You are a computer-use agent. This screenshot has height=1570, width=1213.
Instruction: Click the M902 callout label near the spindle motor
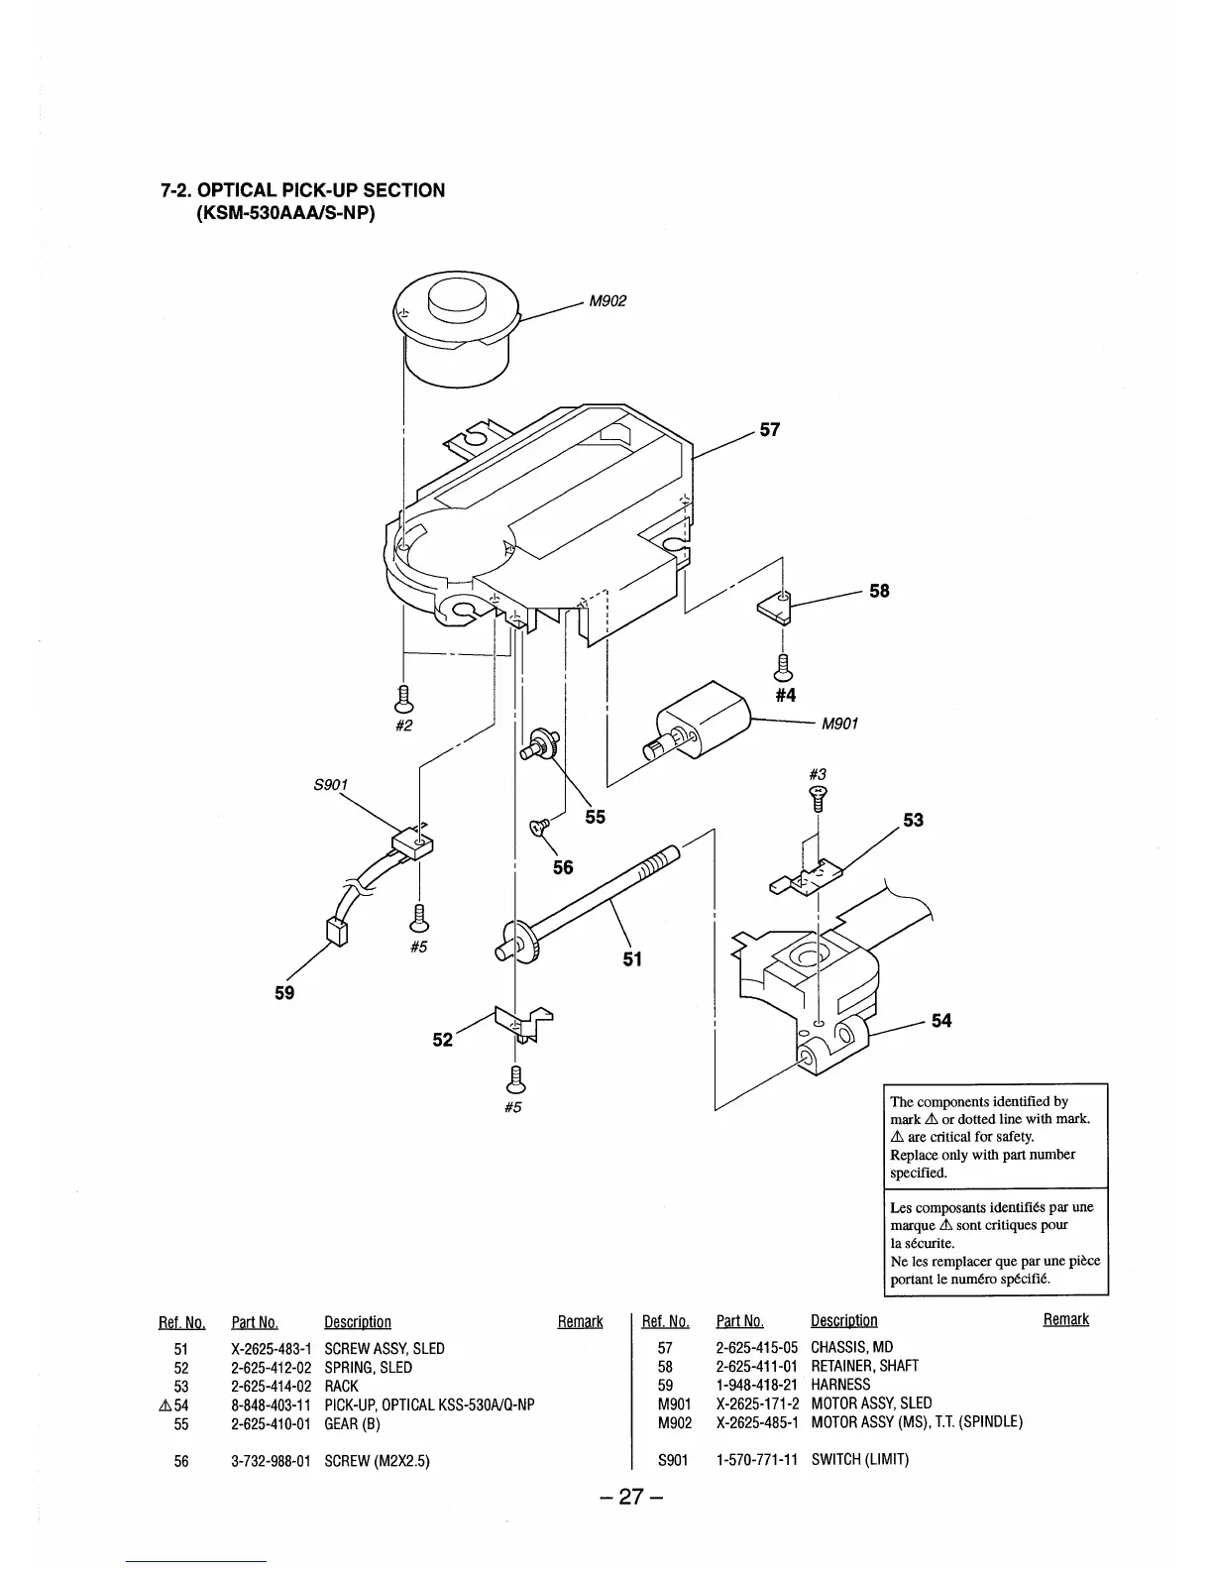(607, 301)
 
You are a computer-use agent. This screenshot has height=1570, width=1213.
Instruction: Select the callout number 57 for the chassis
(770, 429)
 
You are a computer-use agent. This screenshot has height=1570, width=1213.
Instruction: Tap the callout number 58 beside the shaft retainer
(879, 591)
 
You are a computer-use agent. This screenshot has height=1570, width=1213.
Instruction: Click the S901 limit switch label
(330, 785)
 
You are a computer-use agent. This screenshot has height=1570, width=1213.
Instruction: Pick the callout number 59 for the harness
(284, 992)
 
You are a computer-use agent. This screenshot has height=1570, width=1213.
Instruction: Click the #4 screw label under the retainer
(785, 695)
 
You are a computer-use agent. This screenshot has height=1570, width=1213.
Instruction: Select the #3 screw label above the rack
(818, 773)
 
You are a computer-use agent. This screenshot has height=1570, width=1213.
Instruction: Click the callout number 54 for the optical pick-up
(941, 1020)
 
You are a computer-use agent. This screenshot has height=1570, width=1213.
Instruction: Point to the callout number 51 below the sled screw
(632, 958)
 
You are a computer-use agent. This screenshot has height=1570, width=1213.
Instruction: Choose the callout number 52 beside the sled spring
(442, 1039)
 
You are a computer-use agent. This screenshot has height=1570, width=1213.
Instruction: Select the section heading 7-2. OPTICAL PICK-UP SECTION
(302, 189)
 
